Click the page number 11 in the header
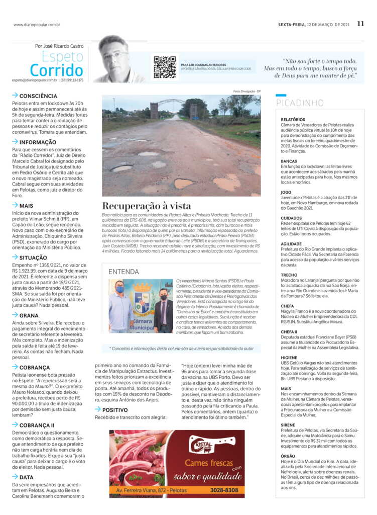pyautogui.click(x=360, y=24)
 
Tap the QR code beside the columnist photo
pyautogui.click(x=164, y=67)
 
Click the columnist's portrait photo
pyautogui.click(x=119, y=59)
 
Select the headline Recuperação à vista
pyautogui.click(x=147, y=205)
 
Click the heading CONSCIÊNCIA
pyautogui.click(x=38, y=96)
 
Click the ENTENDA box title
pyautogui.click(x=124, y=272)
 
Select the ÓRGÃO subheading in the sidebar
pyautogui.click(x=288, y=456)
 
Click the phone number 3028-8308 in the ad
pyautogui.click(x=224, y=490)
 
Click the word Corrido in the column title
pyautogui.click(x=56, y=69)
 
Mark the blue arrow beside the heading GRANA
pyautogui.click(x=15, y=315)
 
